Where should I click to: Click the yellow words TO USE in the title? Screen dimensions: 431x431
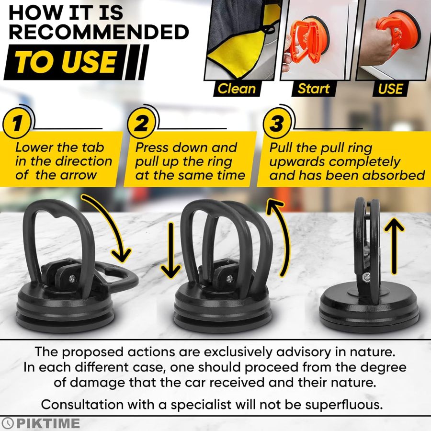[x=65, y=62]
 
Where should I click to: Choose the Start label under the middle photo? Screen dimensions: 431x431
[x=314, y=89]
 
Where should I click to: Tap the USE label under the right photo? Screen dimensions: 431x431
[x=390, y=89]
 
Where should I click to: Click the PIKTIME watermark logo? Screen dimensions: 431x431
[x=41, y=423]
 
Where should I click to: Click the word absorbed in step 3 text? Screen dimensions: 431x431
[x=389, y=175]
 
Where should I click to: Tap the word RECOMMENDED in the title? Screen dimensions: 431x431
[x=99, y=32]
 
